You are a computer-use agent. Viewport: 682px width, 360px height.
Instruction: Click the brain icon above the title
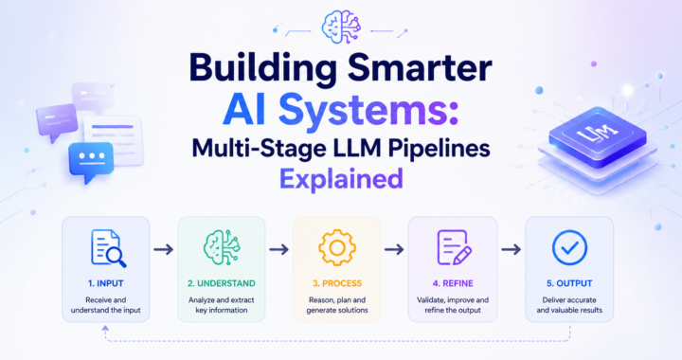(x=341, y=27)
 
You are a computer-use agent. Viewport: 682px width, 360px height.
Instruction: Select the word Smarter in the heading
(x=421, y=68)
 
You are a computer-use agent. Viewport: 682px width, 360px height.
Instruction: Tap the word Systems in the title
(x=364, y=111)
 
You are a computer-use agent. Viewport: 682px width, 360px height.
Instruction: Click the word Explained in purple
(x=341, y=179)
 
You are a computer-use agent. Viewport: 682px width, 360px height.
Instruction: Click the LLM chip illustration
(x=597, y=137)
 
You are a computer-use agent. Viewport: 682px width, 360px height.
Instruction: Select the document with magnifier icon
(x=108, y=248)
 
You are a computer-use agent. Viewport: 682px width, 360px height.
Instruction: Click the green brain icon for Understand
(x=222, y=248)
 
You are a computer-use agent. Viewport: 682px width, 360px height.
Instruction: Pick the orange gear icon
(x=337, y=248)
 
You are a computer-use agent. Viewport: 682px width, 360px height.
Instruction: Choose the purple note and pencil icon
(x=454, y=248)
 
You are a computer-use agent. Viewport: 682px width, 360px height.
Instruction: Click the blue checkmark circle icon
(x=569, y=248)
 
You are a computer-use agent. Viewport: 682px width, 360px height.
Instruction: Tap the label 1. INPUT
(x=106, y=283)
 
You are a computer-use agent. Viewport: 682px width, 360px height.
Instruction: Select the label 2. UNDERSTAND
(x=222, y=283)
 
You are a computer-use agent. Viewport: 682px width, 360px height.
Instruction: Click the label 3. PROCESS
(x=337, y=283)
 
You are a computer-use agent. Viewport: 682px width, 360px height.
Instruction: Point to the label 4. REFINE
(x=453, y=283)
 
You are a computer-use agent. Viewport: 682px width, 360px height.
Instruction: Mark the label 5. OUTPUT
(x=569, y=283)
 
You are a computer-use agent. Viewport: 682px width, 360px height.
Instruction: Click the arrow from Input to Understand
(x=164, y=249)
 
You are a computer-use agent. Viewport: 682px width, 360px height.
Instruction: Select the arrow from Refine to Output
(x=511, y=249)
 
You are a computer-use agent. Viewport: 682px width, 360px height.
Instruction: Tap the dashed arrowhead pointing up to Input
(x=105, y=329)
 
